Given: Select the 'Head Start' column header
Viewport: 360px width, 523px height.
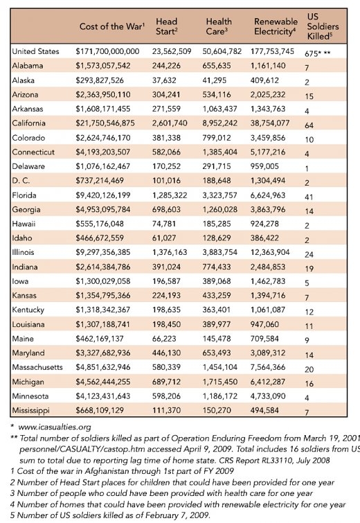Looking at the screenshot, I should click(167, 26).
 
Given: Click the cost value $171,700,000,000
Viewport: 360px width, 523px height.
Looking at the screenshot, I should click(108, 51).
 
